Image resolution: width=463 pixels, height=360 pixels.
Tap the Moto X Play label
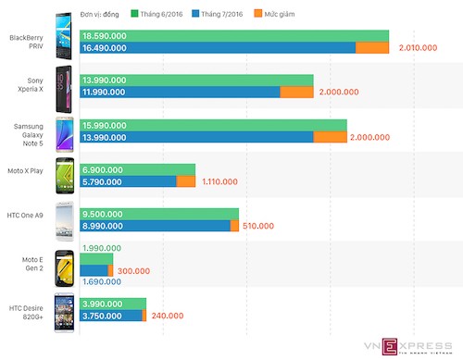(31, 174)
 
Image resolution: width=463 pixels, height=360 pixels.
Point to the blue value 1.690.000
(103, 280)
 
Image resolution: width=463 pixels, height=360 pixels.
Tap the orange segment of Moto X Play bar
(185, 181)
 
